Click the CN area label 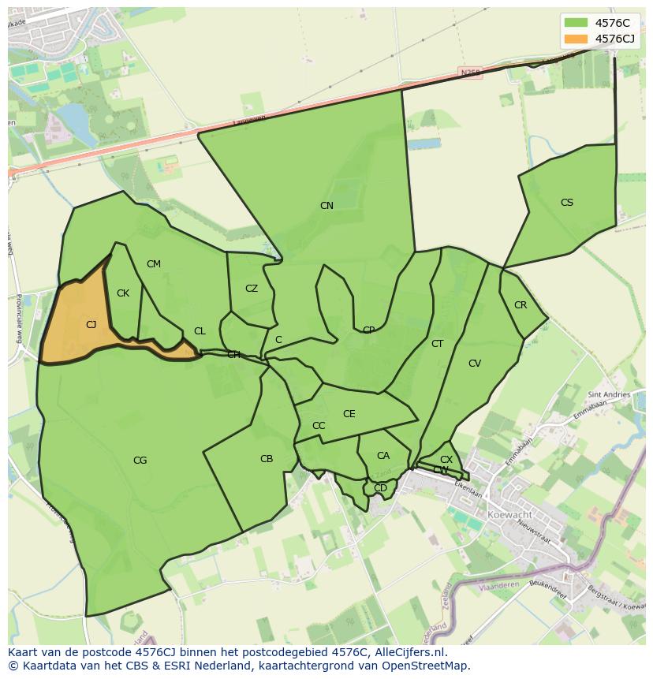pos(326,206)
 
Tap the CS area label pos(567,203)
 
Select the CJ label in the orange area pos(91,325)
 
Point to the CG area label pos(140,461)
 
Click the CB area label pos(267,459)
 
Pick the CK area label pos(123,293)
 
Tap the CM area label pos(154,264)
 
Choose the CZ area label pos(252,289)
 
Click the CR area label pos(521,305)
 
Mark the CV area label pos(475,364)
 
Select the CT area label pos(438,344)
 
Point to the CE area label pos(349,414)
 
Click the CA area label pos(383,456)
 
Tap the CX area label pos(446,460)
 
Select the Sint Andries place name pos(609,394)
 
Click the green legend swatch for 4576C pos(576,23)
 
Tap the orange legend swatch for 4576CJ pos(576,39)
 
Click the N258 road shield pos(471,73)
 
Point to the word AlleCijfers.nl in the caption pos(409,653)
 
